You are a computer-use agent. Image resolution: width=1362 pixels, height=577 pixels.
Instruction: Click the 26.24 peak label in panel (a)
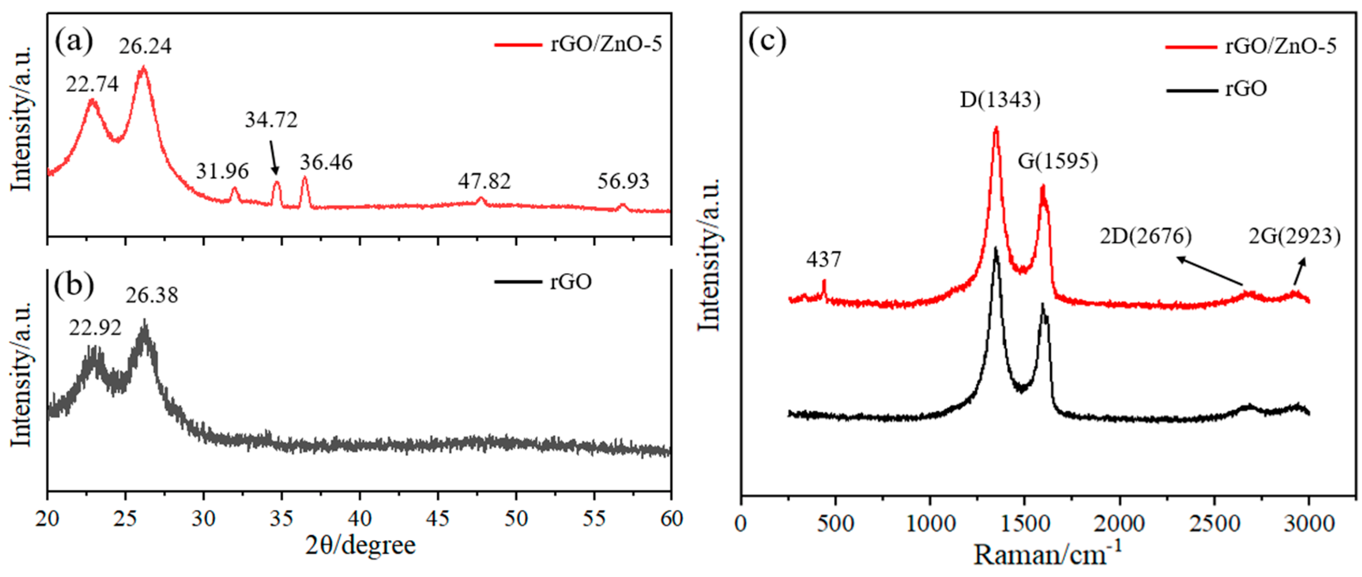point(145,46)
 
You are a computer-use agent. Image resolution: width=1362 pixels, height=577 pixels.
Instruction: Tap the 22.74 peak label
point(92,84)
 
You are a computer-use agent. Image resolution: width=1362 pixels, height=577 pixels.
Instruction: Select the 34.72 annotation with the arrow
point(271,120)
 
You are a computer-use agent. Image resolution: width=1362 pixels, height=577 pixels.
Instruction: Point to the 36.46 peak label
point(326,162)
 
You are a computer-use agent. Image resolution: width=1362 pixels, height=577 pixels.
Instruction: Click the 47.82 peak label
point(484,182)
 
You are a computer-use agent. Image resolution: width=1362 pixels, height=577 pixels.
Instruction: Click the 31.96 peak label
point(222,171)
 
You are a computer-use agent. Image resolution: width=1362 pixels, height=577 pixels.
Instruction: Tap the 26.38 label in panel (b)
point(152,295)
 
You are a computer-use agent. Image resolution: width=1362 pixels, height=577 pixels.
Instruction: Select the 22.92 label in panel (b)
point(95,328)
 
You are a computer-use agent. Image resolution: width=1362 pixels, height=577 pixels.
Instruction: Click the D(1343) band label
point(1000,100)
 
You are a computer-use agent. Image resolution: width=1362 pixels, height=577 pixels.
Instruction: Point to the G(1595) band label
point(1057,161)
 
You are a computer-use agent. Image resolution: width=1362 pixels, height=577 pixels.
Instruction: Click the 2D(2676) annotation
point(1146,236)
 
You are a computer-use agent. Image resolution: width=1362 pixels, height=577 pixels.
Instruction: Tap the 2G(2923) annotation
point(1294,236)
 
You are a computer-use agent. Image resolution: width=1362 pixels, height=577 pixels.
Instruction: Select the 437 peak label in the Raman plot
point(823,260)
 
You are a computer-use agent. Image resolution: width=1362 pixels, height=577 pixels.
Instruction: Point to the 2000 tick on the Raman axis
point(1119,524)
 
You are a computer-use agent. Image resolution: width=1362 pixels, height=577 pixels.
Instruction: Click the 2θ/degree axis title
point(360,545)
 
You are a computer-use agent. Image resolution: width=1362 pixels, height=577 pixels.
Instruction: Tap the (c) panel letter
point(767,41)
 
